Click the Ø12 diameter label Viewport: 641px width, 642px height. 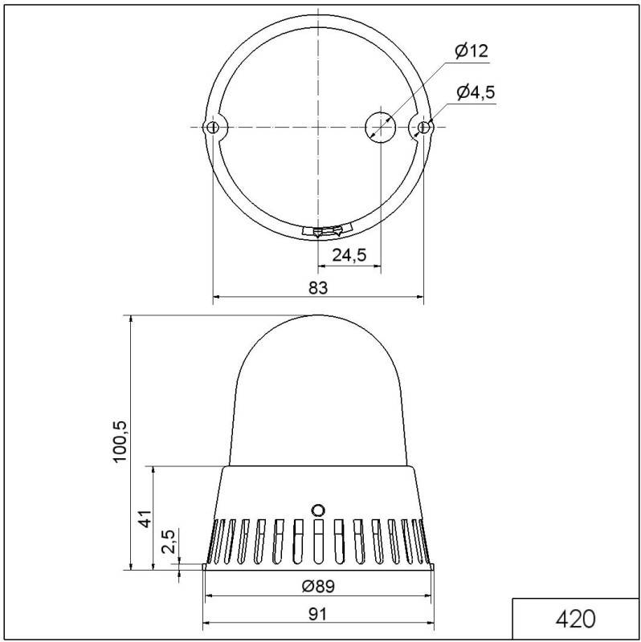click(x=471, y=51)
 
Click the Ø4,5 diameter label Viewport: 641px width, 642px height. click(x=476, y=92)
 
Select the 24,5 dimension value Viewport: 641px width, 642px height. click(x=349, y=255)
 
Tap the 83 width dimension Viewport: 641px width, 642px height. click(x=318, y=287)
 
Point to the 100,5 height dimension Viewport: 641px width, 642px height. click(x=120, y=441)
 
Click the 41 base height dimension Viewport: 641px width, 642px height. click(x=145, y=518)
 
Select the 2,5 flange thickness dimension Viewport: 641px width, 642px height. click(x=168, y=542)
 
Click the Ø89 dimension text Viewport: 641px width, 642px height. click(x=318, y=587)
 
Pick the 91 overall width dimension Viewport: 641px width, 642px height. click(x=318, y=614)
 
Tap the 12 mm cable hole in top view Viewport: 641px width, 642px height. click(x=381, y=127)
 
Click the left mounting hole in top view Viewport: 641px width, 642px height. click(x=213, y=128)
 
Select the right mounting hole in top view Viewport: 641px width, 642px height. click(x=423, y=127)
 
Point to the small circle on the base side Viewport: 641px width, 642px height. click(x=318, y=510)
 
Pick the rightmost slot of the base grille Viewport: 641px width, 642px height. click(x=421, y=541)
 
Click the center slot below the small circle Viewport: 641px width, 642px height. click(x=318, y=542)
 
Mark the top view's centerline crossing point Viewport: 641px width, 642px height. click(x=319, y=127)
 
